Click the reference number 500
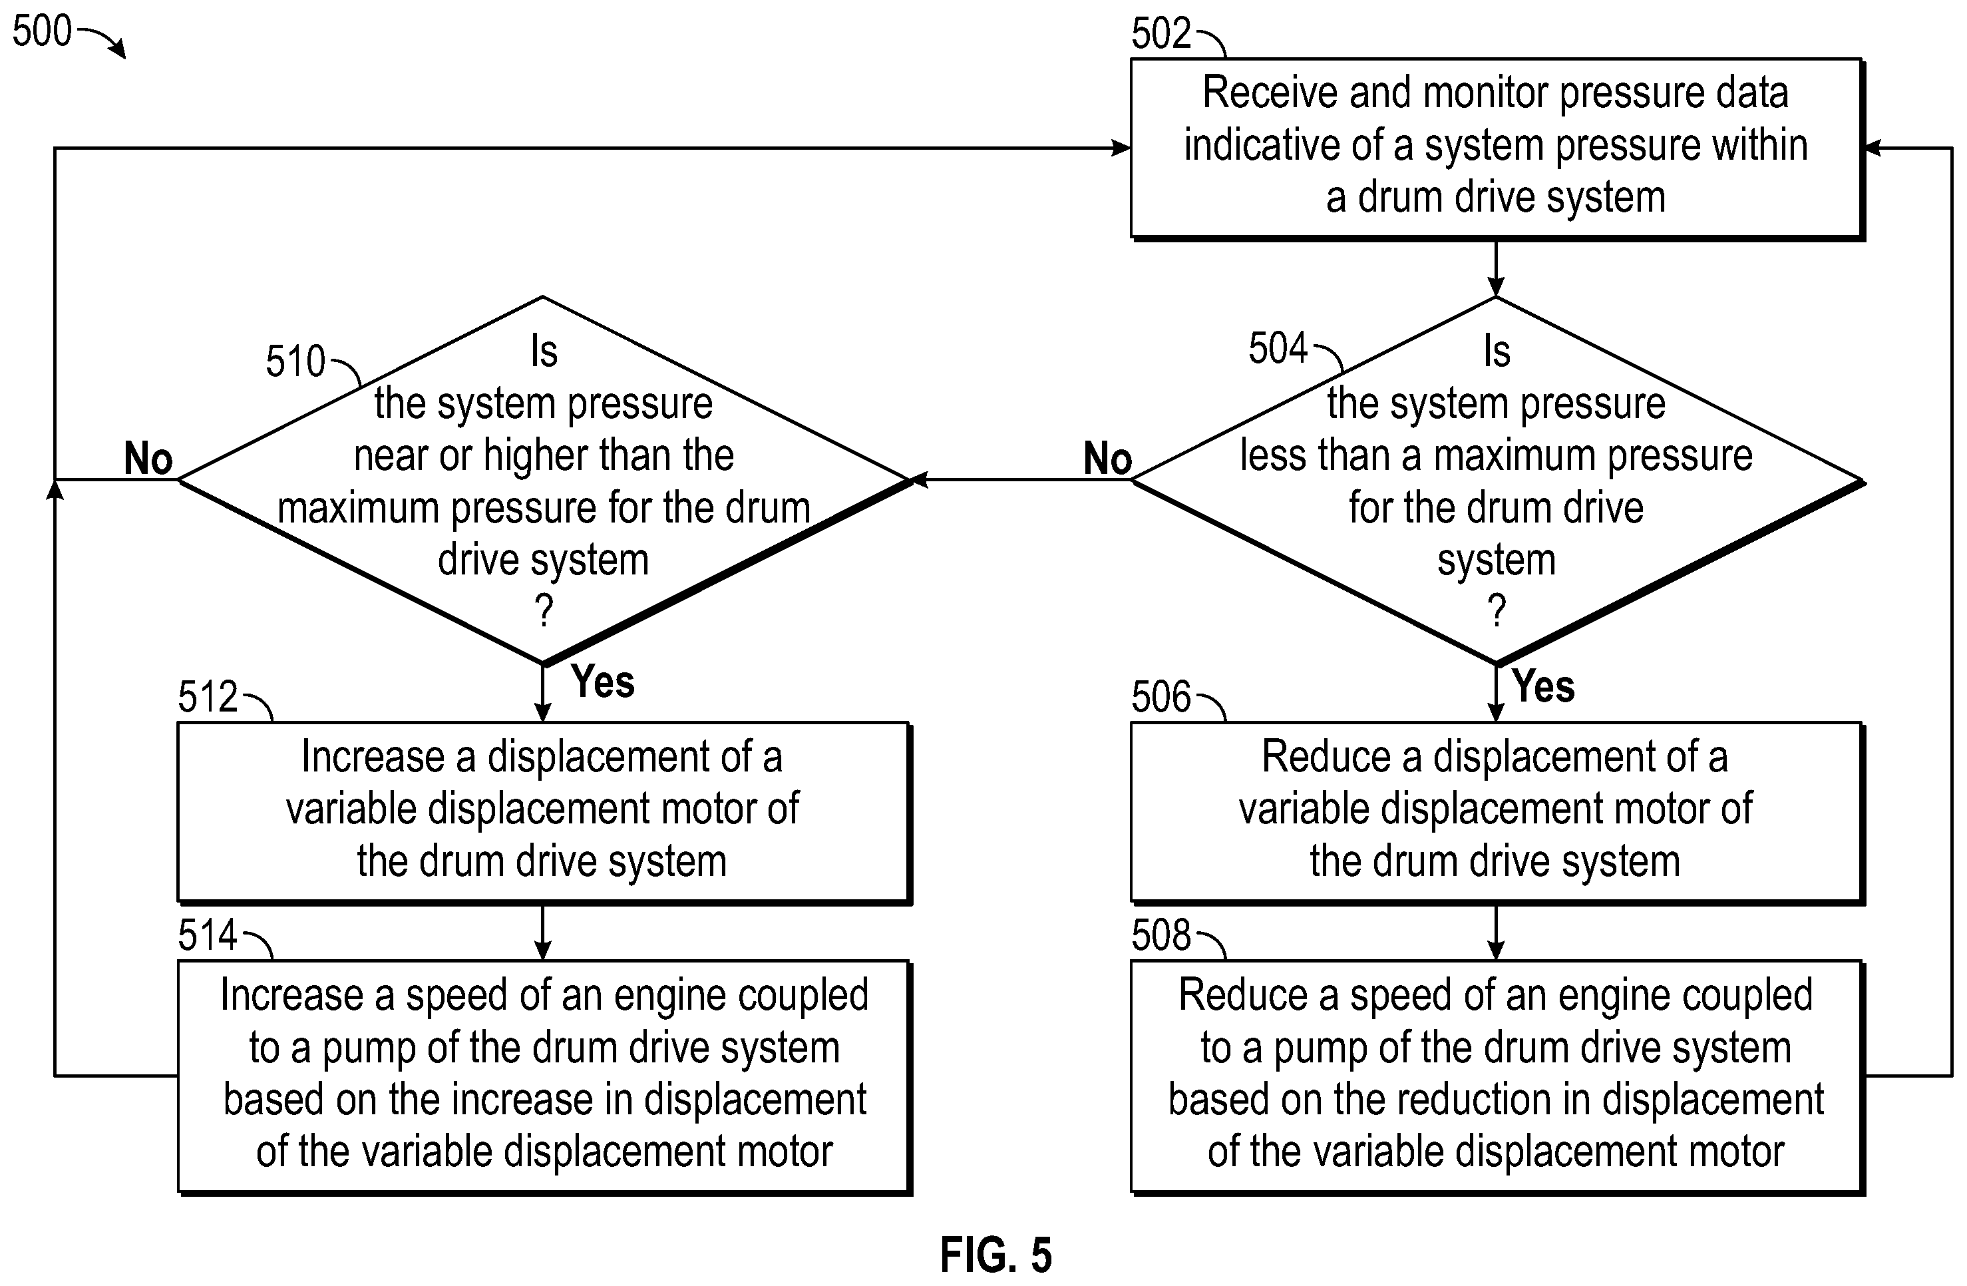tap(42, 31)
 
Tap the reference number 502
tap(1161, 34)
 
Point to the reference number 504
tap(1278, 349)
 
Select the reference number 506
tap(1161, 697)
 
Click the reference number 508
tap(1161, 935)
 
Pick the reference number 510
tap(295, 361)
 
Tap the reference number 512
tap(208, 697)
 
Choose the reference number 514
tap(208, 935)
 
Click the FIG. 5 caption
tap(996, 1255)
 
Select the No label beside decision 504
tap(1107, 458)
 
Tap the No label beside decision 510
tap(148, 458)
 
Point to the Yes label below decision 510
tap(602, 682)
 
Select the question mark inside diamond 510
tap(544, 611)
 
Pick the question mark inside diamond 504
tap(1496, 611)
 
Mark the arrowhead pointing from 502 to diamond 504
tap(1496, 286)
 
